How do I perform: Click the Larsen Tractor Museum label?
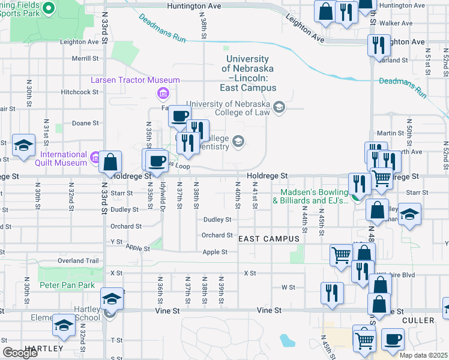[135, 80]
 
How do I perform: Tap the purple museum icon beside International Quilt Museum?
[95, 158]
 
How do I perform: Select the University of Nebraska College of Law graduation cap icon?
[278, 107]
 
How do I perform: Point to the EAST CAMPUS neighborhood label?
[269, 239]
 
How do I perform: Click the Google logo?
[20, 353]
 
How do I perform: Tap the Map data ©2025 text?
[424, 355]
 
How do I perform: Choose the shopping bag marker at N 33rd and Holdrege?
[110, 162]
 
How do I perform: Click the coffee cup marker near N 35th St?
[157, 160]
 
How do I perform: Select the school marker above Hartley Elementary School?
[112, 298]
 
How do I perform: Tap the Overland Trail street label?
[77, 261]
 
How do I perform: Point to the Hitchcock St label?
[79, 92]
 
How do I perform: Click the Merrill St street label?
[85, 59]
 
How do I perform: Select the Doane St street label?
[85, 123]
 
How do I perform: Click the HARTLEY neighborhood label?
[43, 348]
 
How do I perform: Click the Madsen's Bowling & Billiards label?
[310, 197]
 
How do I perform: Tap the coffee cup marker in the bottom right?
[393, 339]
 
